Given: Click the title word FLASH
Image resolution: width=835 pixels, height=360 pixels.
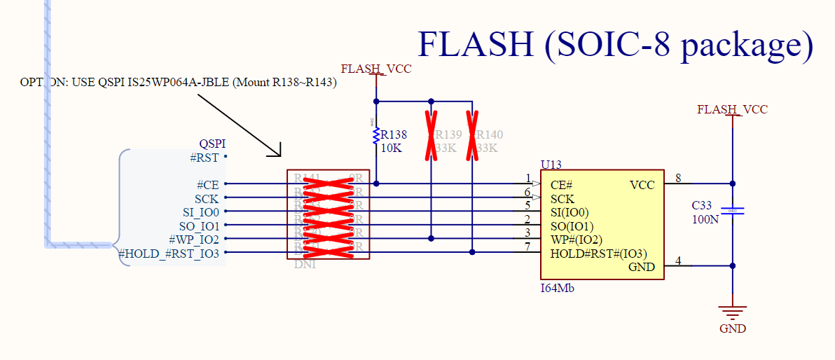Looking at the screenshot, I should click(x=475, y=44).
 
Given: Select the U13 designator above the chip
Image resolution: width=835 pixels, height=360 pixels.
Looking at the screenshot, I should click(x=552, y=165).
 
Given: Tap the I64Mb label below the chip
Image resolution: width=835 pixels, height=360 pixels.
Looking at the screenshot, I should click(x=558, y=287).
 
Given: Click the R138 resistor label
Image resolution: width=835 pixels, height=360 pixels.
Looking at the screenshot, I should click(x=394, y=134).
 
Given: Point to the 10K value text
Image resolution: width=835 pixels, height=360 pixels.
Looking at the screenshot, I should click(x=392, y=148).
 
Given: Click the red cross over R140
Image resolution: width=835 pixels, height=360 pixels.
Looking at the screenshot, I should click(x=473, y=134).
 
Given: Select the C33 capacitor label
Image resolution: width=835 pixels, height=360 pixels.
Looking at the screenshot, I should click(x=702, y=206).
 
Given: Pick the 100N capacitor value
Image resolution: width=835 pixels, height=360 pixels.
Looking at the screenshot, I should click(x=705, y=219).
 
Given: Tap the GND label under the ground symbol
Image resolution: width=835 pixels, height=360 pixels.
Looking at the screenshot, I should click(x=733, y=328).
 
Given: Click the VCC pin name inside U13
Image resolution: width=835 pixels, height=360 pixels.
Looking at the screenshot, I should click(x=642, y=185).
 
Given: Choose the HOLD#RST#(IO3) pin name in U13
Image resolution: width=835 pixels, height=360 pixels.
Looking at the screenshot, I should click(x=598, y=254).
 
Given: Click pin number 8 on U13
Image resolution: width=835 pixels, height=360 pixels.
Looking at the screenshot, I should click(x=678, y=179).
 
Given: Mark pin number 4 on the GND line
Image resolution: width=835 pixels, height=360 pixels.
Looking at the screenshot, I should click(x=678, y=261).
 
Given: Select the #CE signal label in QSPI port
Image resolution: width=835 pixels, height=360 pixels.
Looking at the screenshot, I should click(x=207, y=185).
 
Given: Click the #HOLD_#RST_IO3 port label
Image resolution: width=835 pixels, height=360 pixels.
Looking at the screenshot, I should click(x=169, y=254).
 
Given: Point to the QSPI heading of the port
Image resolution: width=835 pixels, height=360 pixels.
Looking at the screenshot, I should click(x=213, y=144).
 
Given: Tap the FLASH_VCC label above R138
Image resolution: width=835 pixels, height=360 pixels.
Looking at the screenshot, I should click(x=376, y=69).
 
